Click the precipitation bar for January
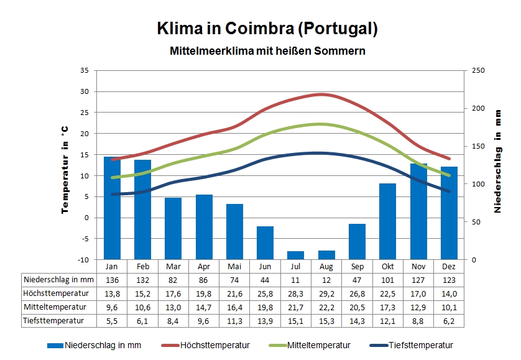(112, 208)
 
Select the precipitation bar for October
(387, 221)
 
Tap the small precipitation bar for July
(296, 255)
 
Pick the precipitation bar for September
(357, 241)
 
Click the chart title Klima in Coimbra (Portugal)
(267, 29)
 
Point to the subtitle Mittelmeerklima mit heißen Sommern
(267, 51)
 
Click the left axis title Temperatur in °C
(65, 169)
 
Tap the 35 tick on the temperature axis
(85, 70)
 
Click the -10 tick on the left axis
(83, 259)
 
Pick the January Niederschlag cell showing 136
(112, 280)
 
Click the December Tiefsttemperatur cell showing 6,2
(449, 321)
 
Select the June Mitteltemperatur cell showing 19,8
(265, 307)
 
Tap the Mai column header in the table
(234, 266)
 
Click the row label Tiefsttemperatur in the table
(53, 321)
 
